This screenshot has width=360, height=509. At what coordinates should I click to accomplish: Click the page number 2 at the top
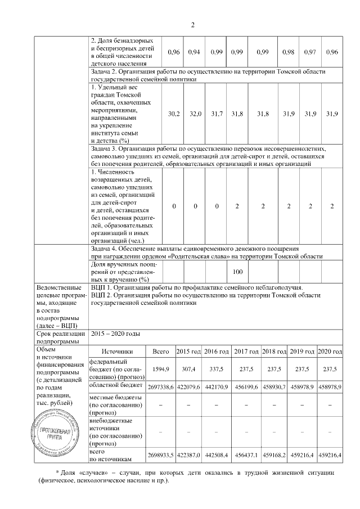click(x=193, y=24)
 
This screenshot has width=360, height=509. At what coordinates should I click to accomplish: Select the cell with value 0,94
click(x=195, y=52)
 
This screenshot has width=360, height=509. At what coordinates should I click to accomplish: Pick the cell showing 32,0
click(x=195, y=114)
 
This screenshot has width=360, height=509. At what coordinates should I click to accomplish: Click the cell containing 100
click(x=237, y=272)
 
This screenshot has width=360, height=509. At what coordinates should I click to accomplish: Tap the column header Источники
click(x=118, y=352)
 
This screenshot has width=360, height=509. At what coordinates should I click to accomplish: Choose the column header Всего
click(x=161, y=352)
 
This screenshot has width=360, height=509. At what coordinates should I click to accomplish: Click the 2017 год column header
click(x=246, y=352)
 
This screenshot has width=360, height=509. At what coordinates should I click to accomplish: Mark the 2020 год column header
click(x=330, y=352)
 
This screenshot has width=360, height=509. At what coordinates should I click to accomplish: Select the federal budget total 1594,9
click(x=161, y=369)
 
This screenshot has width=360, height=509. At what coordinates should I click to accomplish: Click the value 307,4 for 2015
click(x=188, y=369)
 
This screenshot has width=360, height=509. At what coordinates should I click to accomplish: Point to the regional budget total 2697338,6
click(x=161, y=388)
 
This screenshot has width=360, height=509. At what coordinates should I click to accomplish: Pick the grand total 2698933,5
click(x=161, y=455)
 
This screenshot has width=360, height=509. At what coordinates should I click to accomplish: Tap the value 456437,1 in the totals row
click(x=246, y=455)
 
